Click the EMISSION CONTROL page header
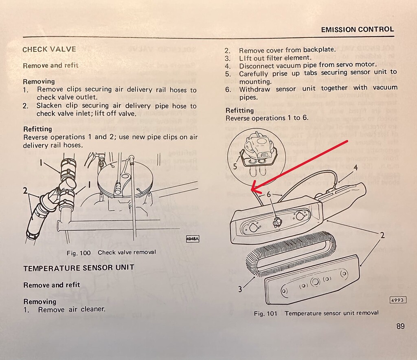[x=357, y=29]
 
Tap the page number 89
[x=400, y=327]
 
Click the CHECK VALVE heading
[x=49, y=49]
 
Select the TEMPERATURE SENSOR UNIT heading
[x=79, y=268]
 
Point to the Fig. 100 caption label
[x=79, y=253]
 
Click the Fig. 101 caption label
[x=266, y=313]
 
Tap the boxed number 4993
[x=397, y=300]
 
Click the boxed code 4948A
[x=192, y=239]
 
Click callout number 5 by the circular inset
[x=235, y=166]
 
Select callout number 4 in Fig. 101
[x=355, y=167]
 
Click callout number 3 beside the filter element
[x=240, y=289]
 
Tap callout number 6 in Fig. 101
[x=268, y=195]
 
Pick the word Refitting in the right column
[x=239, y=110]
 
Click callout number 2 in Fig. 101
[x=383, y=235]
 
